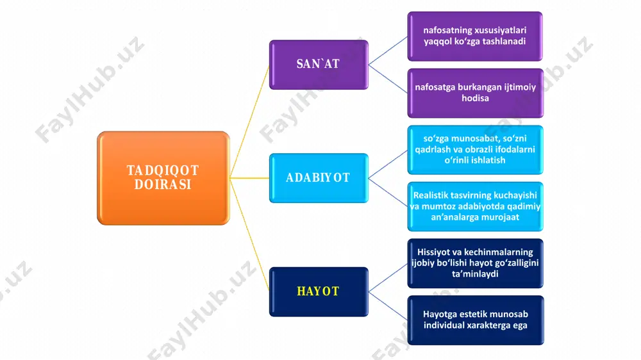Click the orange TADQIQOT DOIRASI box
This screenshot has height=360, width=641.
(163, 178)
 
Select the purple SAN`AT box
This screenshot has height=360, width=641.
(319, 65)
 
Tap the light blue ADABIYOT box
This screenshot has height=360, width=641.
(319, 178)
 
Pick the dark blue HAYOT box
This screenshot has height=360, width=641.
(319, 291)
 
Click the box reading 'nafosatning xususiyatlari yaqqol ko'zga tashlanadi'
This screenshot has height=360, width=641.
(475, 37)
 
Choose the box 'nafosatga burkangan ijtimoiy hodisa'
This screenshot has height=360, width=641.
(476, 93)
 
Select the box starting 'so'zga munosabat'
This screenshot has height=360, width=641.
(476, 150)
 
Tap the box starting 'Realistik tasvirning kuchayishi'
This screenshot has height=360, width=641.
(476, 207)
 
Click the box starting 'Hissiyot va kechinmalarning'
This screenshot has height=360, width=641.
(476, 263)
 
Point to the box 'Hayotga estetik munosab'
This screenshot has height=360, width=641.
(476, 320)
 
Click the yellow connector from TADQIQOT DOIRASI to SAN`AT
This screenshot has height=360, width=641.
(250, 121)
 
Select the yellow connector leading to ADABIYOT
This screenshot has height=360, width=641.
(249, 178)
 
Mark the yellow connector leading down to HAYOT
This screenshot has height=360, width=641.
(250, 235)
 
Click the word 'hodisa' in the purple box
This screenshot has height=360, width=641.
(475, 99)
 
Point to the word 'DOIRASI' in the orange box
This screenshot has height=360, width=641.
(163, 184)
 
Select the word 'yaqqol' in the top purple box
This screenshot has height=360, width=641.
(437, 42)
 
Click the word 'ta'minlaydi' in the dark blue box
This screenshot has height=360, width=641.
(475, 274)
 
